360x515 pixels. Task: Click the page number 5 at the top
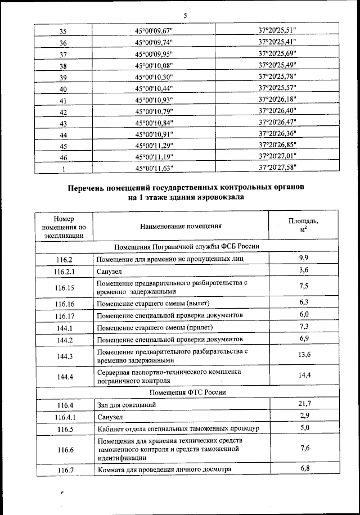click(184, 15)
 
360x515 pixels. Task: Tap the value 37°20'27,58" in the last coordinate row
click(277, 167)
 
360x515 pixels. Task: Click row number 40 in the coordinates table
click(64, 89)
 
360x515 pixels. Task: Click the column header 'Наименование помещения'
click(181, 227)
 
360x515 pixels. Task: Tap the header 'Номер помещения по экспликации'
click(64, 227)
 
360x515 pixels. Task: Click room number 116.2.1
click(64, 272)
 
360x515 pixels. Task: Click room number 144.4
click(64, 376)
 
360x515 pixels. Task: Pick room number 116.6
click(64, 449)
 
